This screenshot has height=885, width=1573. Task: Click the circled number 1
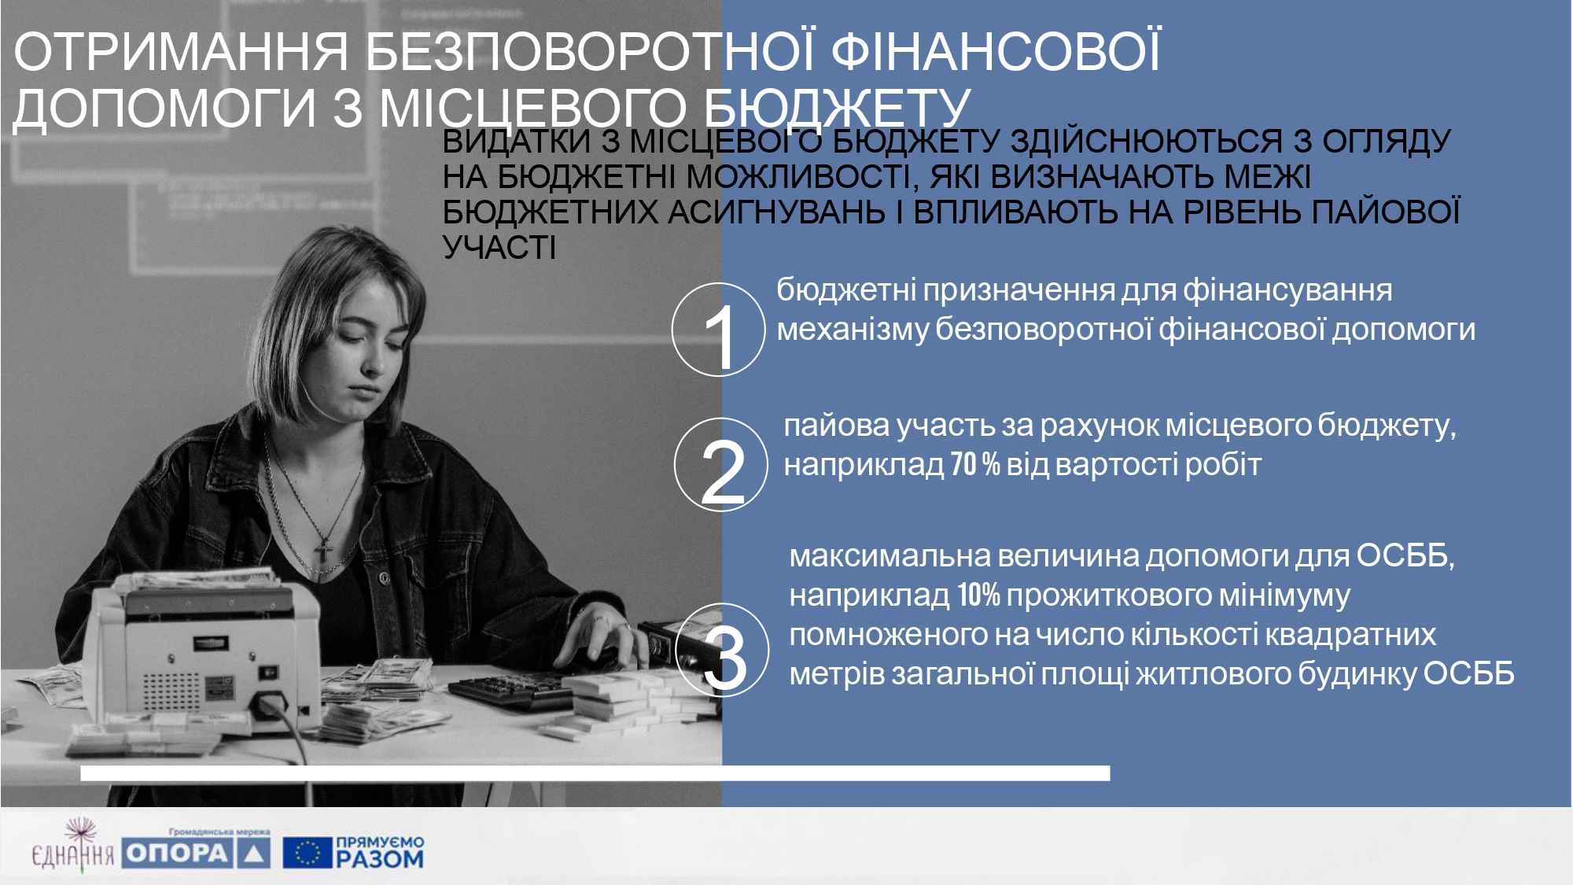[718, 330]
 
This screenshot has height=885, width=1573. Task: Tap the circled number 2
[720, 465]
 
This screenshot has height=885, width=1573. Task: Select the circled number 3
[722, 650]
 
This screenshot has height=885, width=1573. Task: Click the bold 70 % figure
[975, 464]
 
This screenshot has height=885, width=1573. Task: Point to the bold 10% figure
[978, 596]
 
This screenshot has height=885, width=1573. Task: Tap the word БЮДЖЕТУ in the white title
[838, 108]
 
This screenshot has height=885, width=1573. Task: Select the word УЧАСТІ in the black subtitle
[499, 248]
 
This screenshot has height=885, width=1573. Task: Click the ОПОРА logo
[197, 852]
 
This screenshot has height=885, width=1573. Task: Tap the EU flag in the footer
[307, 852]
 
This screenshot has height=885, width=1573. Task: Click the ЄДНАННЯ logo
[72, 846]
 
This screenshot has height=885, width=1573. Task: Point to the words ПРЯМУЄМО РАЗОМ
[380, 852]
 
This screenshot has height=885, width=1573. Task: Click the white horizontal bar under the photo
[595, 773]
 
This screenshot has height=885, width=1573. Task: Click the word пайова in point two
[837, 426]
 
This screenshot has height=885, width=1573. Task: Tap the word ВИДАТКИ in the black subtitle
[516, 142]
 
